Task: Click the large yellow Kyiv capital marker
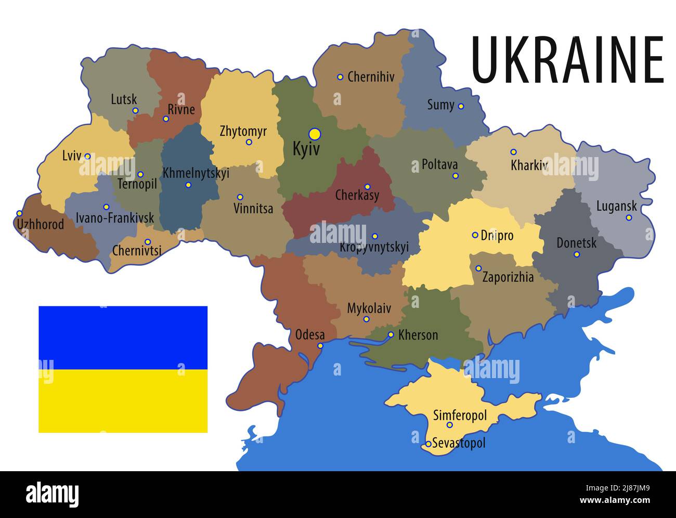click(x=315, y=134)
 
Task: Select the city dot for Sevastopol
click(x=428, y=444)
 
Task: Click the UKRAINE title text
click(x=567, y=60)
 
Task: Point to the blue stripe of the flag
click(x=123, y=338)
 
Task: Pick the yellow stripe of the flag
click(x=123, y=401)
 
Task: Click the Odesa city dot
click(x=320, y=345)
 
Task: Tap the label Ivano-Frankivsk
click(x=115, y=218)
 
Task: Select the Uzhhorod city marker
click(x=19, y=213)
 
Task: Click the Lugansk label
click(x=616, y=206)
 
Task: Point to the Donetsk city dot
click(x=576, y=254)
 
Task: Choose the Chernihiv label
click(x=371, y=77)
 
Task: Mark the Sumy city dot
click(x=461, y=106)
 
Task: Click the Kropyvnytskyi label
click(x=374, y=247)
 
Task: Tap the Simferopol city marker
click(x=450, y=425)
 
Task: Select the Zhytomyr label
click(x=243, y=131)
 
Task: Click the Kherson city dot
click(x=391, y=334)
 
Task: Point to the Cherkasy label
click(x=357, y=196)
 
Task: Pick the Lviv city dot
click(x=87, y=156)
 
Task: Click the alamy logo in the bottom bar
click(x=52, y=493)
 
